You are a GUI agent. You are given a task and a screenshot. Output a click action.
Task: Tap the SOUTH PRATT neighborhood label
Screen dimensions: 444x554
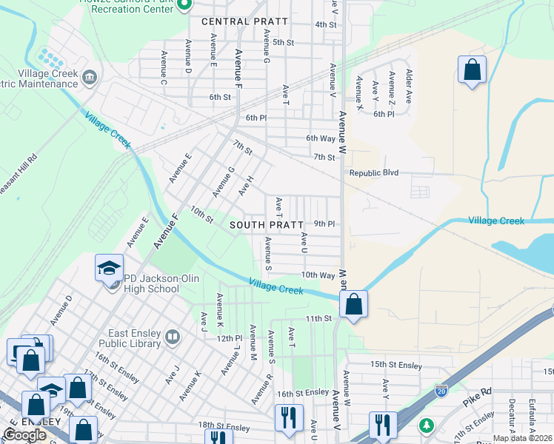(x=267, y=224)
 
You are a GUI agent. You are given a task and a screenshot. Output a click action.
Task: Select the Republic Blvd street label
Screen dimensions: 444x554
(x=373, y=173)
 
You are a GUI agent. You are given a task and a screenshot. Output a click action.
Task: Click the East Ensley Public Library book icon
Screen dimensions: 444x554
(x=173, y=338)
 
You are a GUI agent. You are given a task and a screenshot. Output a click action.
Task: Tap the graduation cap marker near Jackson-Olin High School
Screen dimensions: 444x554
(x=109, y=267)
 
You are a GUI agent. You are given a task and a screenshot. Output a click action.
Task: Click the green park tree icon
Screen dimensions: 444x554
(x=427, y=425)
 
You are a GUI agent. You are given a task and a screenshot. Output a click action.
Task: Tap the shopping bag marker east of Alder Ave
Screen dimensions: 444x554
(x=472, y=70)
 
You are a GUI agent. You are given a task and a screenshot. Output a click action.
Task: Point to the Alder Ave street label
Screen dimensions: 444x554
(x=408, y=87)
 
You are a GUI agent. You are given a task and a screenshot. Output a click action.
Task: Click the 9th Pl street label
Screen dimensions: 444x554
(x=324, y=223)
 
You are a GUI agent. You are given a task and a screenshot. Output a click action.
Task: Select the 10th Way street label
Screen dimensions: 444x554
(x=318, y=275)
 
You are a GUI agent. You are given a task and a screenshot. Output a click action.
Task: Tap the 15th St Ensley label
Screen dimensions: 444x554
(x=396, y=365)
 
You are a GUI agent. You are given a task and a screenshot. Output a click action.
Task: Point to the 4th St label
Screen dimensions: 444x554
(x=326, y=24)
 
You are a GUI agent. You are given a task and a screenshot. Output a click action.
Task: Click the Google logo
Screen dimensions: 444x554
(x=24, y=435)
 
